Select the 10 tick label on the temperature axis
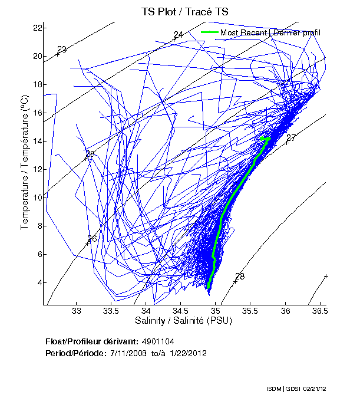pyautogui.click(x=37, y=198)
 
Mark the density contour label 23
pyautogui.click(x=62, y=49)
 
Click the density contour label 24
pyautogui.click(x=179, y=35)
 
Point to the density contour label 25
pyautogui.click(x=90, y=154)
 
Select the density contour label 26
pyautogui.click(x=92, y=239)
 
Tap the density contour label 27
pyautogui.click(x=291, y=138)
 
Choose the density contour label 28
pyautogui.click(x=240, y=277)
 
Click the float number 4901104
pyautogui.click(x=158, y=341)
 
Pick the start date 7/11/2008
pyautogui.click(x=128, y=353)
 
